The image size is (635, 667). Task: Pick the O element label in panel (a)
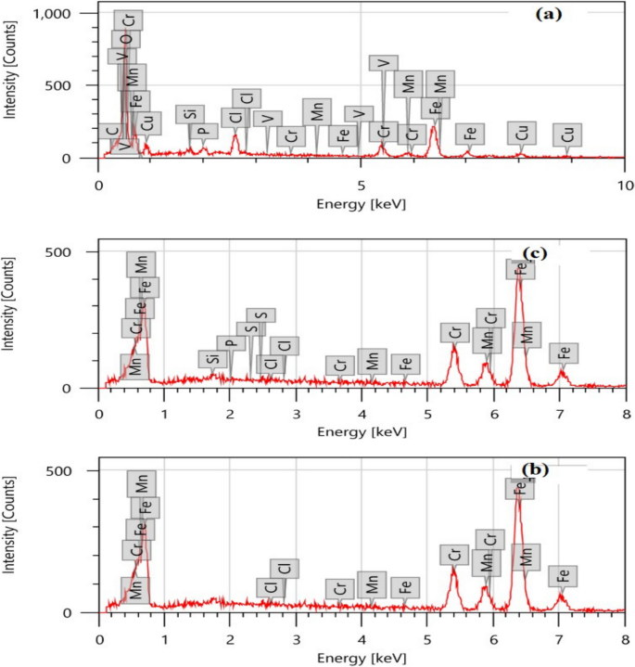pyautogui.click(x=125, y=38)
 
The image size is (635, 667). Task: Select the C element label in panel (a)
pyautogui.click(x=112, y=132)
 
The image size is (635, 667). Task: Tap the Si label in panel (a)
pyautogui.click(x=189, y=114)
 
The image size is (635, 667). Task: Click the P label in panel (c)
pyautogui.click(x=231, y=343)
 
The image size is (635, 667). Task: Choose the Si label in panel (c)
pyautogui.click(x=211, y=359)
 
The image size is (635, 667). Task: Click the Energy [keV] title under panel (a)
pyautogui.click(x=361, y=203)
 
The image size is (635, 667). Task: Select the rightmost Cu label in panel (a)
pyautogui.click(x=567, y=135)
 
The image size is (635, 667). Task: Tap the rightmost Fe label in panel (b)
pyautogui.click(x=562, y=575)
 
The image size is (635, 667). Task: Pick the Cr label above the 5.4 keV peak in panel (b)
pyautogui.click(x=454, y=554)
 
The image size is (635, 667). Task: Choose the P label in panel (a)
pyautogui.click(x=203, y=131)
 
